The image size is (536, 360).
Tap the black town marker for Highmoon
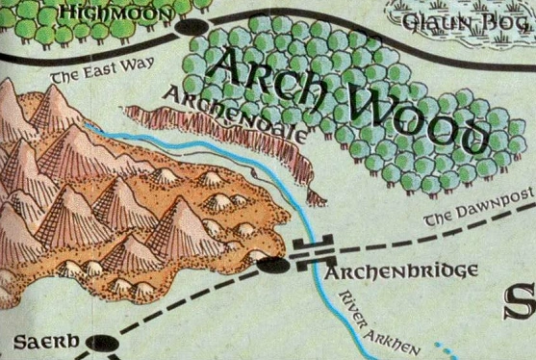pyautogui.click(x=197, y=27)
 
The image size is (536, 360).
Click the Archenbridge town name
pyautogui.click(x=401, y=271)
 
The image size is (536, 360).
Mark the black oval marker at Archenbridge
pyautogui.click(x=272, y=262)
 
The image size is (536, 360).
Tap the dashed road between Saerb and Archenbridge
pyautogui.click(x=183, y=302)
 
